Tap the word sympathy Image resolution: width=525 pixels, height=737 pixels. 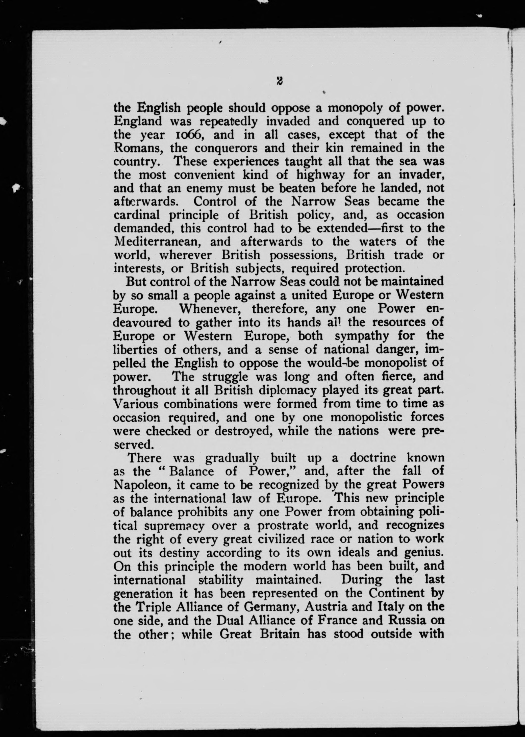click(361, 336)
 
